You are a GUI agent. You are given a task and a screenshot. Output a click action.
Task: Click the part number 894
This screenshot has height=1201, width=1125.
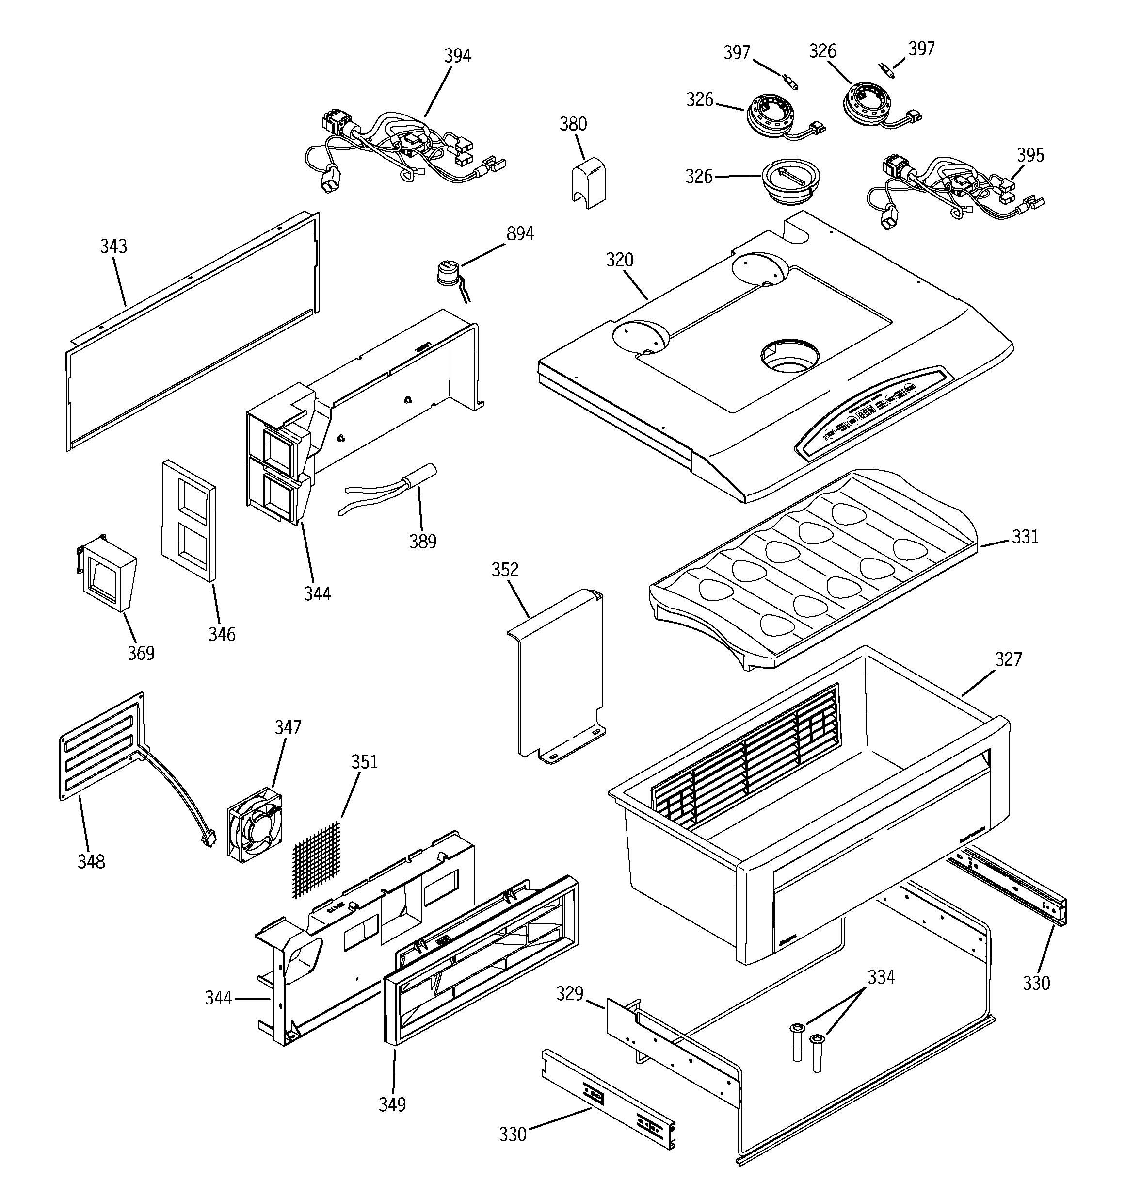[x=519, y=234]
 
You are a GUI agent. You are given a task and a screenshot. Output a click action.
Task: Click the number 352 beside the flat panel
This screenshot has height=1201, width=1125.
[x=505, y=570]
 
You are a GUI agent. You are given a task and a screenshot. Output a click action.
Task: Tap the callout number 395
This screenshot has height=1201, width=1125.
[x=1030, y=155]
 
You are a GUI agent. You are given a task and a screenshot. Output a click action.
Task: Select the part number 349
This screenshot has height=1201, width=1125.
[x=392, y=1104]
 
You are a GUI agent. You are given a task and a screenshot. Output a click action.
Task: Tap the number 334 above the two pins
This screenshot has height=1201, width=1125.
[x=881, y=977]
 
